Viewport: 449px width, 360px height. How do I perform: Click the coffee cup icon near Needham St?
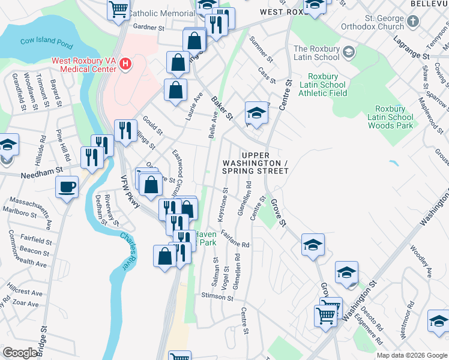coord(67,186)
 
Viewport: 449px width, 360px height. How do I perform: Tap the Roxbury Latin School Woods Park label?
coord(390,117)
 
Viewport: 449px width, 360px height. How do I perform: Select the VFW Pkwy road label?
coord(130,195)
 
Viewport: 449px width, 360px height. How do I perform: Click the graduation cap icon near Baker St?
coord(256,113)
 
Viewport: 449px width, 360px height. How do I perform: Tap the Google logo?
coord(20,353)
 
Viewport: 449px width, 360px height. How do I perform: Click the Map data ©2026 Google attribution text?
coord(412,355)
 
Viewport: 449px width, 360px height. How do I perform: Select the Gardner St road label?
coord(148,28)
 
